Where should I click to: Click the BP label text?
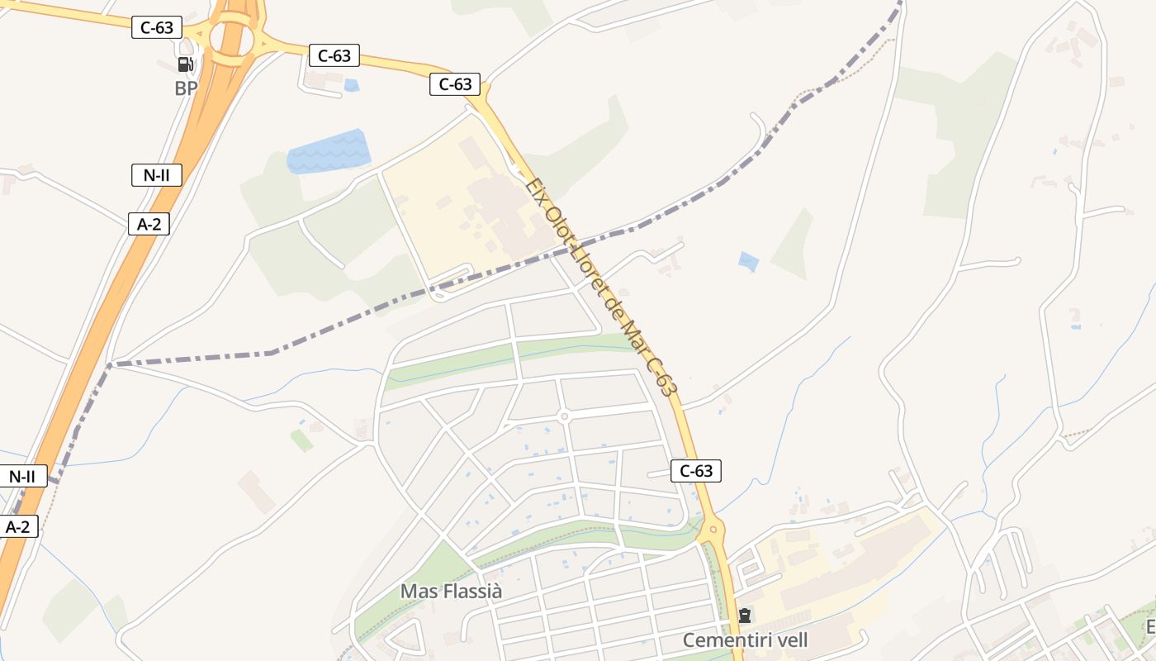click(186, 88)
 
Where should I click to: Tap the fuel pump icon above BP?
click(186, 64)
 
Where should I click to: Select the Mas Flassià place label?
click(451, 592)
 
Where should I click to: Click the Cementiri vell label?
click(745, 640)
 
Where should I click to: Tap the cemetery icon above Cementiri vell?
click(745, 616)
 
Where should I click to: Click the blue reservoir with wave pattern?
click(329, 151)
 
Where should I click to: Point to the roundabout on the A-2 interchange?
click(231, 38)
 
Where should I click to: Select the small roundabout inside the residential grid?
click(564, 416)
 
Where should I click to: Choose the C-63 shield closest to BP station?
click(156, 27)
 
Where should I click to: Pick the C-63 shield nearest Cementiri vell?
click(695, 471)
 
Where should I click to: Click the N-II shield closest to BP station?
click(156, 174)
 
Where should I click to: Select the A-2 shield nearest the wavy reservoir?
click(149, 223)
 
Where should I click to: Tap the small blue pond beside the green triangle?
click(748, 262)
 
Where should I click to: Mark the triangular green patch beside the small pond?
click(794, 244)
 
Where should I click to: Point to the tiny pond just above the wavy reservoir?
click(352, 85)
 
